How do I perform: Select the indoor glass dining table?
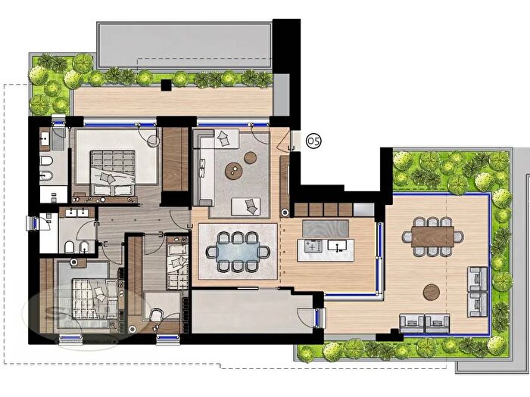click(x=238, y=250)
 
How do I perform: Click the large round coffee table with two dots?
click(x=235, y=170)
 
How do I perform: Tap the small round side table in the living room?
click(x=250, y=157)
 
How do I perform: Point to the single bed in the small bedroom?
click(x=176, y=261)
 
